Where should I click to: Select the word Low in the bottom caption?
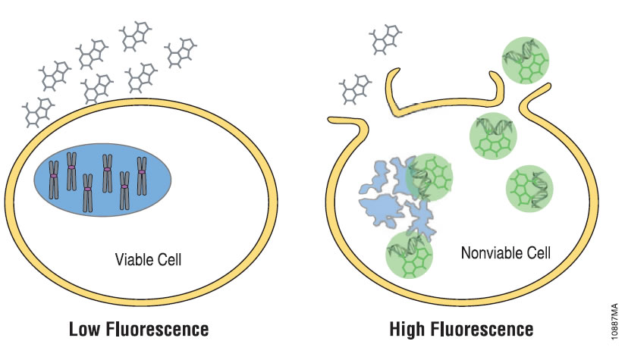pyautogui.click(x=84, y=330)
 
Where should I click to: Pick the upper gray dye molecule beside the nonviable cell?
pyautogui.click(x=383, y=39)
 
